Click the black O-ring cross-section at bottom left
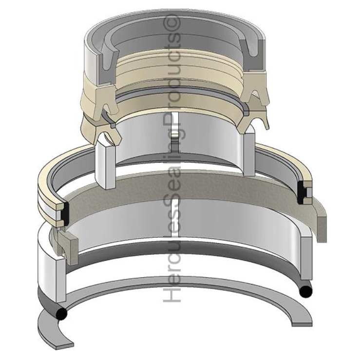[60, 315]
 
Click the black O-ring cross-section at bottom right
[305, 291]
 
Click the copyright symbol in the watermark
[173, 22]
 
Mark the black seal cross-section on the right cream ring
[305, 192]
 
